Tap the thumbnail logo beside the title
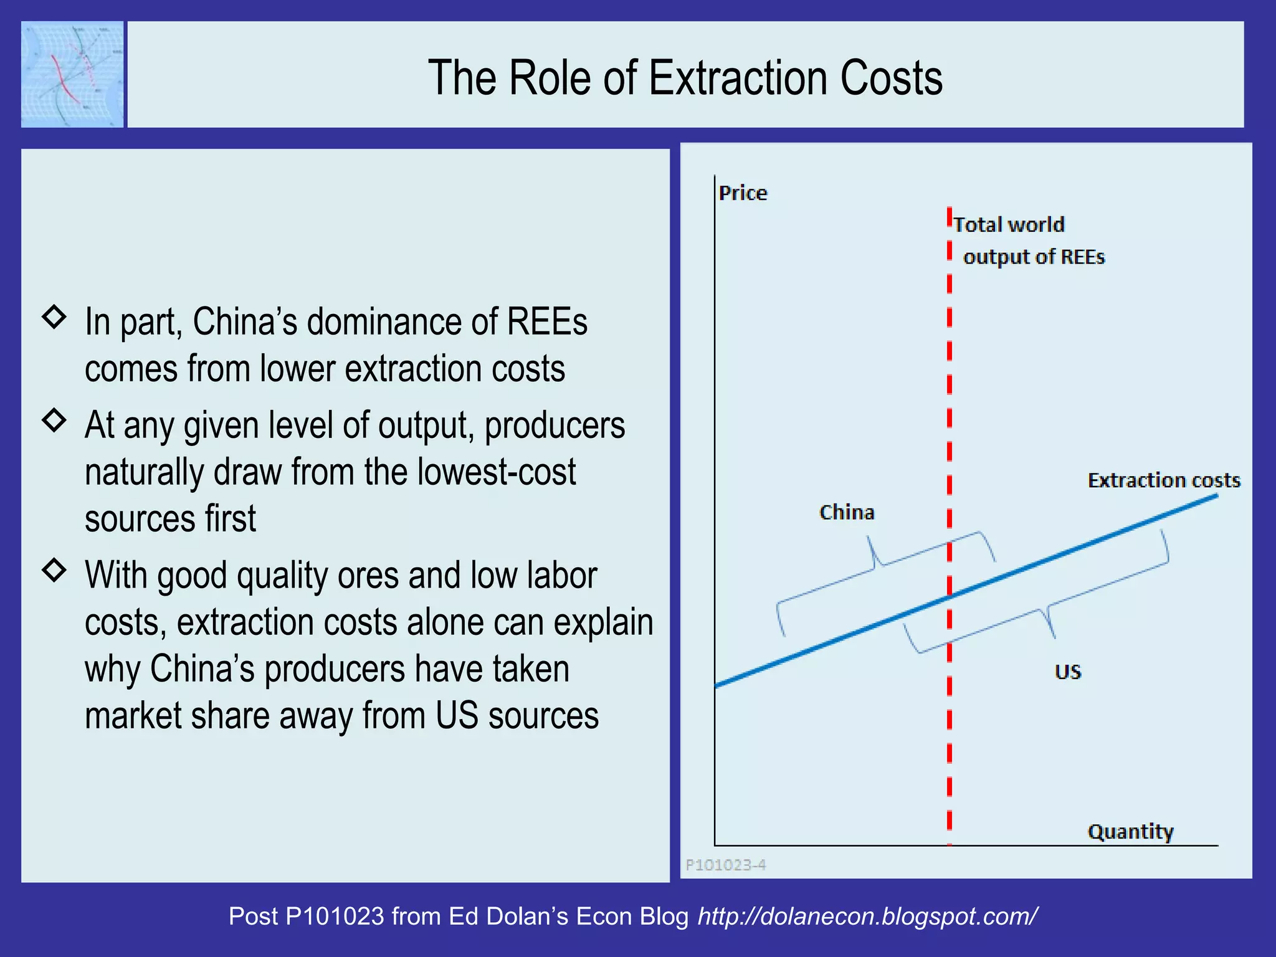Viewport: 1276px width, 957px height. click(x=72, y=74)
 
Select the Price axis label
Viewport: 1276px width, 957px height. click(x=743, y=193)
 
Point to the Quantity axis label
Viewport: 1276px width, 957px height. click(x=1130, y=832)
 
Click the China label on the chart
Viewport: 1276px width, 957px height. click(x=847, y=512)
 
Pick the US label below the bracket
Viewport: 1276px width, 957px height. click(x=1067, y=672)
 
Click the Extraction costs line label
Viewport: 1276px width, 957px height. click(x=1164, y=480)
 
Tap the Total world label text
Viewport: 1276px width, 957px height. click(x=1009, y=224)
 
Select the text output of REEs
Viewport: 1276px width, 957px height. click(x=1034, y=257)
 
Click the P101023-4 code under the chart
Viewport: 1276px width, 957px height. click(x=726, y=865)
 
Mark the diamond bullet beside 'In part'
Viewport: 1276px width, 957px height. click(x=54, y=317)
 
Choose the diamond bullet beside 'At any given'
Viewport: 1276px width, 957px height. click(x=54, y=421)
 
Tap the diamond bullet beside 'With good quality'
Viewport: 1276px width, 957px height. click(x=54, y=569)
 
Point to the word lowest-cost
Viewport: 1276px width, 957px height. click(x=497, y=472)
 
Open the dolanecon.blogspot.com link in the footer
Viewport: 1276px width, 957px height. click(x=867, y=916)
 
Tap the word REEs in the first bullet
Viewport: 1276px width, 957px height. click(x=546, y=322)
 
